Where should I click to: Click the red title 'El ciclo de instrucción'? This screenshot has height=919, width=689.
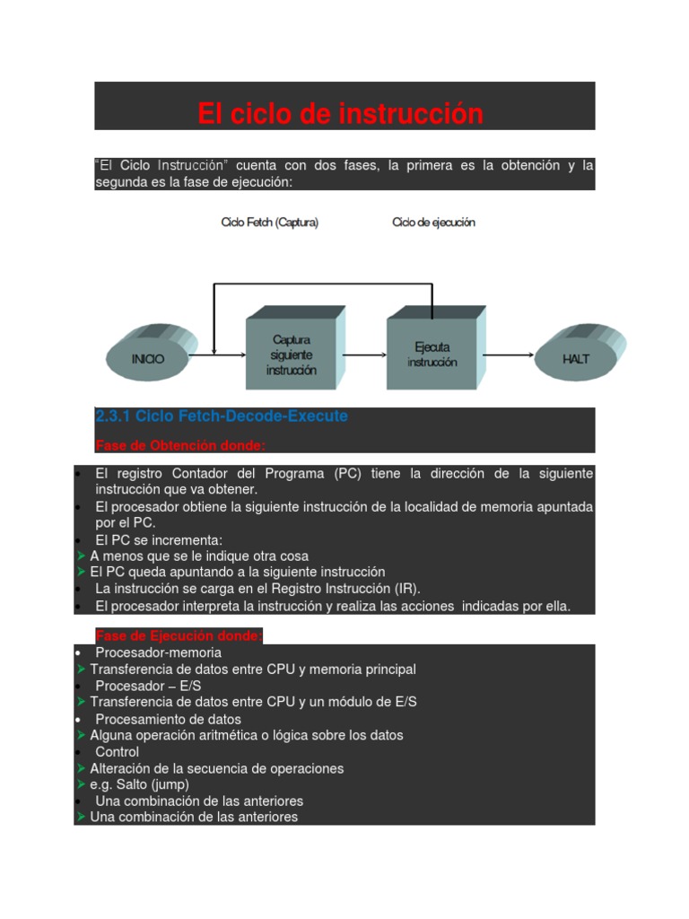340,114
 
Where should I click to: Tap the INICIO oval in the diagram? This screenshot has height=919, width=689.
149,358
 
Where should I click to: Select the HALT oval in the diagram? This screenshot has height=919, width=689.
577,358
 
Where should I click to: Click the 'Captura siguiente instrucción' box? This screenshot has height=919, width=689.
293,354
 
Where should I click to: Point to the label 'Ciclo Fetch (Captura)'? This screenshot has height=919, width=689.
269,223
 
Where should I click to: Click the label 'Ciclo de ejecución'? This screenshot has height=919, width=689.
433,223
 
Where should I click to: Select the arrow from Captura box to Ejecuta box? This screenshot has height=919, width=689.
364,354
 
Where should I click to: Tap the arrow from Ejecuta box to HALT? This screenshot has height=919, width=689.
510,354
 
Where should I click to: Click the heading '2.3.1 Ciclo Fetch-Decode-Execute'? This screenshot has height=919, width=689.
221,416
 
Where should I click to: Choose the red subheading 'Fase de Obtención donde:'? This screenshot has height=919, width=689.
180,446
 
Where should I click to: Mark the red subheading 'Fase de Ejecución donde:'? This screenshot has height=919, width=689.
179,636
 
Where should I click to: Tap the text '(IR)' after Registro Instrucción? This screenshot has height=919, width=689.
406,589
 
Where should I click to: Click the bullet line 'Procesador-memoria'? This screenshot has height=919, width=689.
158,652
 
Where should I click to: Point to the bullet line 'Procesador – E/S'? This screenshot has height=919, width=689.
148,686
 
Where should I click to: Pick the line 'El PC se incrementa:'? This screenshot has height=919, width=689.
159,539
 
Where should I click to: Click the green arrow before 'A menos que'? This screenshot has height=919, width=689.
82,556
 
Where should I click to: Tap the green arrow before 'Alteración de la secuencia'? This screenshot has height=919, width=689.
82,768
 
